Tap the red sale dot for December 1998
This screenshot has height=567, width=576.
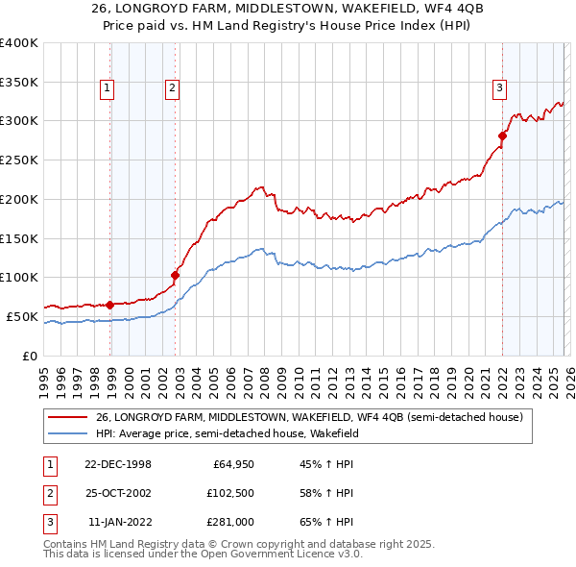tap(109, 305)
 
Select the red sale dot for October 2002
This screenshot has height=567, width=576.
tap(175, 275)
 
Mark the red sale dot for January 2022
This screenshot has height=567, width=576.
tap(502, 136)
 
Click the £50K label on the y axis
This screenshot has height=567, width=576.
tap(22, 316)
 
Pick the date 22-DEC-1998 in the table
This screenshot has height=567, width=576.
tap(117, 464)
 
